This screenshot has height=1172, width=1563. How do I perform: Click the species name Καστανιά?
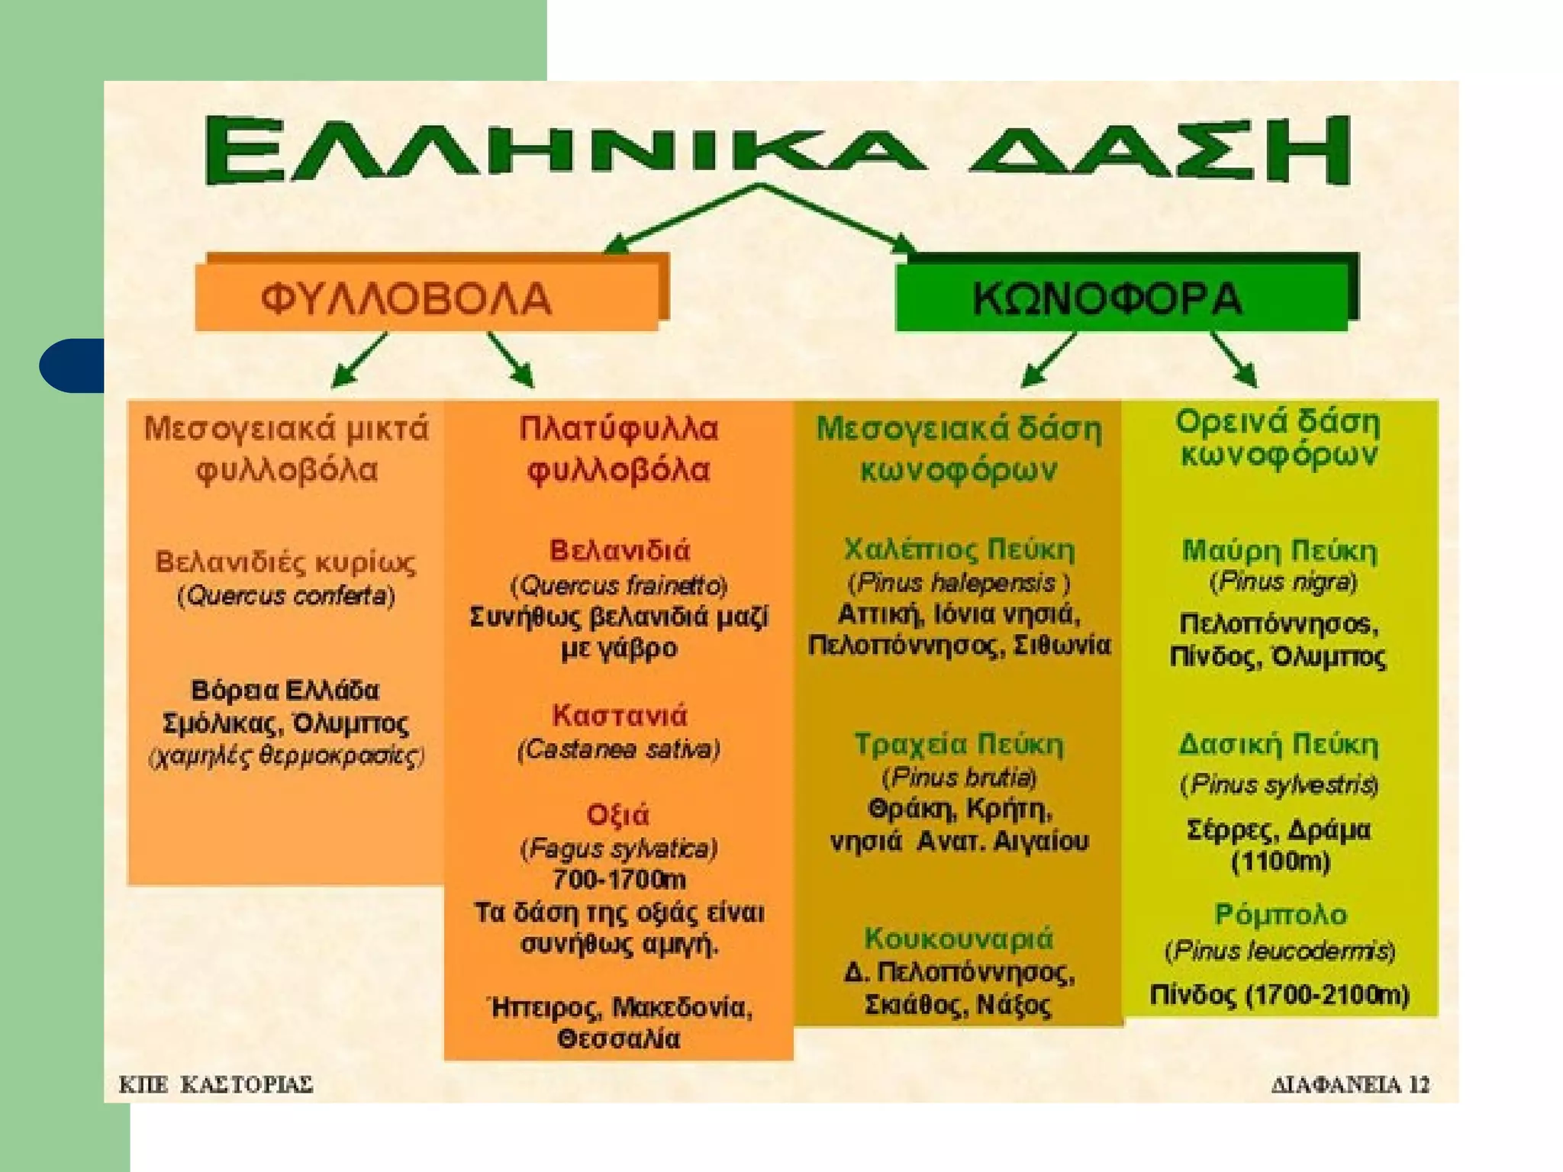[x=619, y=716]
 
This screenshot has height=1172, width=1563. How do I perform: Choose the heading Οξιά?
[x=617, y=815]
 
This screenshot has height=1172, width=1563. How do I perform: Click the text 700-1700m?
[x=619, y=880]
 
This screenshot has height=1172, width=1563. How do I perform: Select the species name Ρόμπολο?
[x=1281, y=914]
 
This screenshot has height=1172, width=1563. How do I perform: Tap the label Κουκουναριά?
[x=959, y=938]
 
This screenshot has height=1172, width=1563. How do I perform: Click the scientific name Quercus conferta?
[x=286, y=595]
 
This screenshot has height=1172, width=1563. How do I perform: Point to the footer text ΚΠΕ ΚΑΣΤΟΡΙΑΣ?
[x=216, y=1084]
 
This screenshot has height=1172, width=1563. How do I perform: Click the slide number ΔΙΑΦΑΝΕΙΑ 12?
[x=1350, y=1084]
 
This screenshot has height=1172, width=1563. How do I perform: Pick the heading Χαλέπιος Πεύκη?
[x=959, y=549]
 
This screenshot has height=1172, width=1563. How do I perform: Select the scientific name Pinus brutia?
[x=959, y=778]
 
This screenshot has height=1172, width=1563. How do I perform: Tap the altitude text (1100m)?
[x=1281, y=862]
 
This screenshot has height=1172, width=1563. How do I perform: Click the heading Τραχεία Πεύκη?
[x=959, y=744]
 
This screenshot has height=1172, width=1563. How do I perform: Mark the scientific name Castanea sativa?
[x=619, y=749]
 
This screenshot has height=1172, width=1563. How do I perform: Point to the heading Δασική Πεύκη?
[x=1279, y=745]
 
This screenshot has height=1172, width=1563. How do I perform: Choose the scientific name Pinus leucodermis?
[x=1280, y=951]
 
